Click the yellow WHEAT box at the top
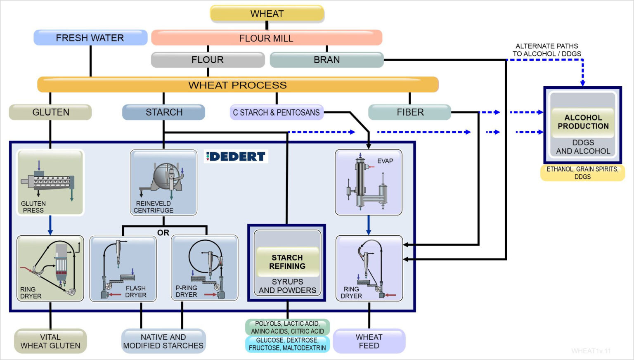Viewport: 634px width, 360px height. [x=267, y=14]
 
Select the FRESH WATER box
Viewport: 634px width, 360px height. [x=90, y=38]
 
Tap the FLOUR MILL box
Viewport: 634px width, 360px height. [x=266, y=38]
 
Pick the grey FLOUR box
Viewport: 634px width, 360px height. [x=208, y=60]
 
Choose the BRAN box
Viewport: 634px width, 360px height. [x=326, y=60]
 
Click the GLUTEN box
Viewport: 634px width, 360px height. [x=50, y=112]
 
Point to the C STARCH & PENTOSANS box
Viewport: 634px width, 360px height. [x=276, y=112]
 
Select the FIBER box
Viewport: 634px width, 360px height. [x=410, y=112]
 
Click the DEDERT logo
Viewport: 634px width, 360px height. [x=236, y=156]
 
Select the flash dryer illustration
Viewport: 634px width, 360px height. [x=123, y=268]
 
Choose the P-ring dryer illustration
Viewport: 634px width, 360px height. [x=205, y=268]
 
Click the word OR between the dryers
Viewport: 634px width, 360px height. [x=163, y=233]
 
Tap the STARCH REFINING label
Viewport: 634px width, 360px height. [x=287, y=262]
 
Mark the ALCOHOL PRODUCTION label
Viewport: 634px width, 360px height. [x=583, y=122]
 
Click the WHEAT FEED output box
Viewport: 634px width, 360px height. [x=369, y=341]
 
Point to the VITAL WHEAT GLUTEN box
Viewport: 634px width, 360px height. [x=50, y=341]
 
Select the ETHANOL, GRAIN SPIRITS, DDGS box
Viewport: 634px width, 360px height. [x=582, y=173]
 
